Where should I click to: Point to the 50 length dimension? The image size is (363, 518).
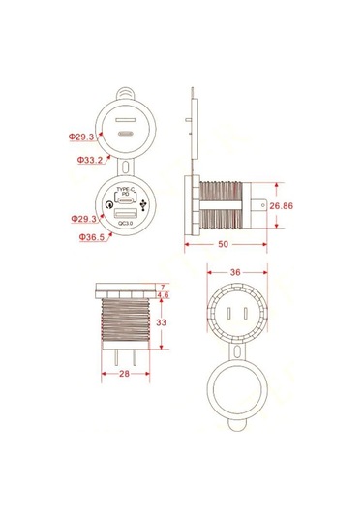tap(224, 246)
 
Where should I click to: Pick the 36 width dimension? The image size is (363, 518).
tap(234, 272)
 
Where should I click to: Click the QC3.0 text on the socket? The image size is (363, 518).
tap(126, 225)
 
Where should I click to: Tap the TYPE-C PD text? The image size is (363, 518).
tap(125, 191)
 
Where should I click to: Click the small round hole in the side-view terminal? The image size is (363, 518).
tap(263, 207)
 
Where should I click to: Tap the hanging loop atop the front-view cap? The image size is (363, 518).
tap(126, 97)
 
